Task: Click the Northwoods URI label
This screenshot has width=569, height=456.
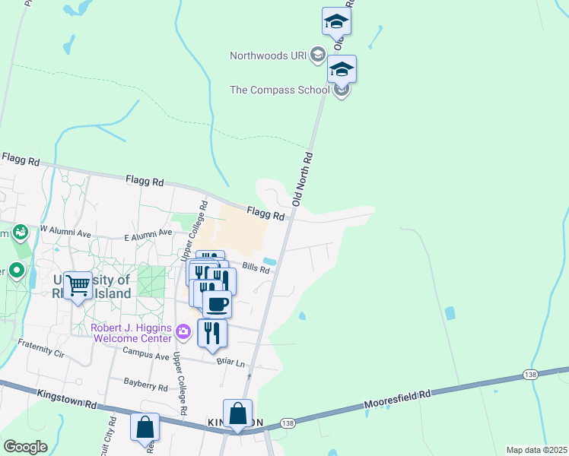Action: coord(269,55)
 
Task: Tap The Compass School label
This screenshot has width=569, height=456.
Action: coord(279,90)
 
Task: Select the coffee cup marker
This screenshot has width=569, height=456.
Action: coord(217,304)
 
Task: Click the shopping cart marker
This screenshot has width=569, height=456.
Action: coord(78,287)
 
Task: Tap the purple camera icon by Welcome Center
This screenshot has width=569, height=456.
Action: coord(183,331)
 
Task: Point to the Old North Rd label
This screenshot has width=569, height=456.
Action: coord(303,179)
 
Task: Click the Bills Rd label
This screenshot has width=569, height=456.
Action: coord(256,268)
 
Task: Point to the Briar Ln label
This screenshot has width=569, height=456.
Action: coord(230,363)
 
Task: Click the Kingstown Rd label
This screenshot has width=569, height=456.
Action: coord(66,397)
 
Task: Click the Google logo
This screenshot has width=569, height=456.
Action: coord(26,446)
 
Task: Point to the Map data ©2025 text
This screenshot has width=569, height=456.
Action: coord(536,450)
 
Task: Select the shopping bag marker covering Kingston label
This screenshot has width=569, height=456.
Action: coord(237,415)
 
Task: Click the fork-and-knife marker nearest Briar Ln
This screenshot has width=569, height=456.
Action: coord(212,333)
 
